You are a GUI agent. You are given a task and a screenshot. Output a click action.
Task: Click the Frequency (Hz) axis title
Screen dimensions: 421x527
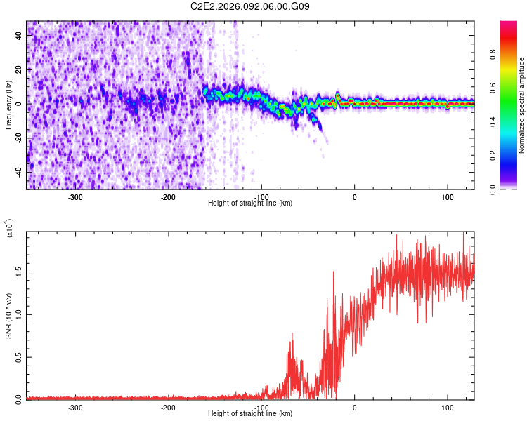pyautogui.click(x=8, y=105)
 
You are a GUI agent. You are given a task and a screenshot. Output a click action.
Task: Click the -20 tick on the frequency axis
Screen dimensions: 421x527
pyautogui.click(x=19, y=138)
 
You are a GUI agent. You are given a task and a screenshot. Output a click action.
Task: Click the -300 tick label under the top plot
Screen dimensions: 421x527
pyautogui.click(x=74, y=196)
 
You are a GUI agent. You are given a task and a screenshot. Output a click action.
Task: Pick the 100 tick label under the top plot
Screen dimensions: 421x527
pyautogui.click(x=448, y=196)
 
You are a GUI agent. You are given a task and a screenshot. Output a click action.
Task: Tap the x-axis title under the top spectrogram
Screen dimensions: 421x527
pyautogui.click(x=250, y=203)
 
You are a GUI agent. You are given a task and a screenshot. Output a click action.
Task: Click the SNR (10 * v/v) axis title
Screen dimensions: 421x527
pyautogui.click(x=8, y=315)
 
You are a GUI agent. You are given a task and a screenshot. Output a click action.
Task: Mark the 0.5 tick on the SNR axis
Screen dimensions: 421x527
pyautogui.click(x=18, y=356)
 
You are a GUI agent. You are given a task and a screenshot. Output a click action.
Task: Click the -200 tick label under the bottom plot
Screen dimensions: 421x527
pyautogui.click(x=168, y=407)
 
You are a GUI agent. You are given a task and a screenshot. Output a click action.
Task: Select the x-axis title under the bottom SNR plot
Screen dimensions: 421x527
pyautogui.click(x=250, y=414)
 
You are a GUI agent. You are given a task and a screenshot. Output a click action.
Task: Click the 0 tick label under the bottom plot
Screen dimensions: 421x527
pyautogui.click(x=354, y=407)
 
